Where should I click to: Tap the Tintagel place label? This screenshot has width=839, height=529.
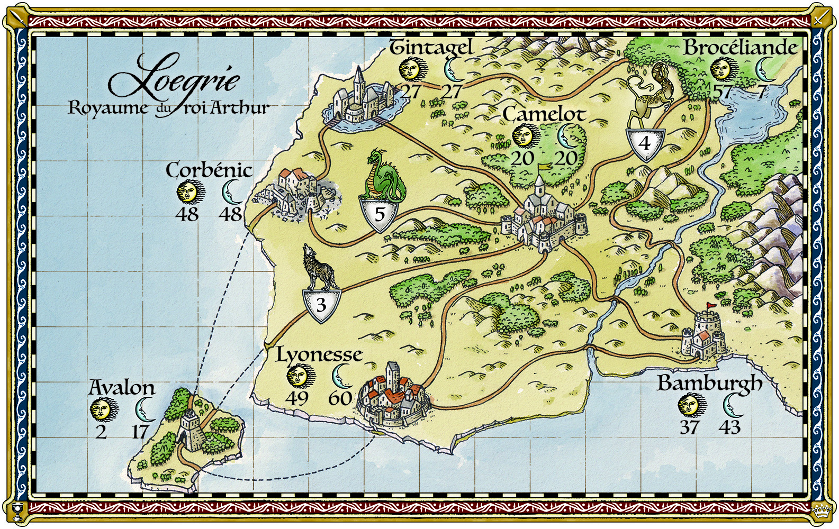431,48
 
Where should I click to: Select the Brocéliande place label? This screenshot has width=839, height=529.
740,48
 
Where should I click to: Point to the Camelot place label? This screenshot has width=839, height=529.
544,114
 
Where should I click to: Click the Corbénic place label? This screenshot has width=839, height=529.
209,170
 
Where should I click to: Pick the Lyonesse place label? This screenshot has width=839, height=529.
319,354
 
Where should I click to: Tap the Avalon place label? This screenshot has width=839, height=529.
122,387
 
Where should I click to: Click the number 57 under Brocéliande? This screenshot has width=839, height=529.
723,91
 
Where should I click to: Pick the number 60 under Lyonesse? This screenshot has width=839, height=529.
340,398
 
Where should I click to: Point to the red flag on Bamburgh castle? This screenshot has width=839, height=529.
712,305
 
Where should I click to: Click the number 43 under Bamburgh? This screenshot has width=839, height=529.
729,427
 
